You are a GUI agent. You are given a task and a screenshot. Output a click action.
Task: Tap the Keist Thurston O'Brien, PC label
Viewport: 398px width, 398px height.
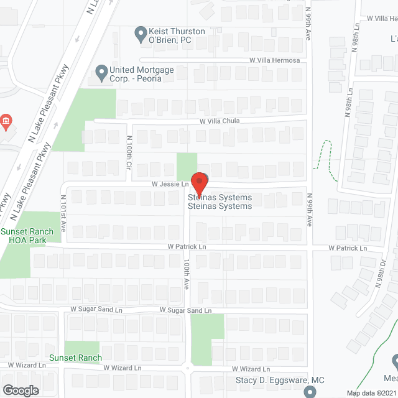coord(170,35)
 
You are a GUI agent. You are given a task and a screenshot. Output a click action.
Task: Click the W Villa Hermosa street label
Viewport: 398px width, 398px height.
coord(274,60)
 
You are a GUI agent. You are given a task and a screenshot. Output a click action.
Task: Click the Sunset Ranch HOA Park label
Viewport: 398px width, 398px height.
coord(27,236)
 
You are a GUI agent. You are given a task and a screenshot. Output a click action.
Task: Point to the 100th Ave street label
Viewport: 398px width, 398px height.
coord(186,274)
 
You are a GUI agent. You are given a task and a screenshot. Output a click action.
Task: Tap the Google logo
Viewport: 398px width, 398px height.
coord(20,390)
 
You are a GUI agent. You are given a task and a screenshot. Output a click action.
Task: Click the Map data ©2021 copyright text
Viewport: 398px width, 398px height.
coord(371,393)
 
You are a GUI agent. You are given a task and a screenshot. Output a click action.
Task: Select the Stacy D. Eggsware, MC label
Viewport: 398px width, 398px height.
coord(280,380)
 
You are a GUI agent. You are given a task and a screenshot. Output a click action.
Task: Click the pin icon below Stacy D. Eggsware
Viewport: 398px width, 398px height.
coord(311,392)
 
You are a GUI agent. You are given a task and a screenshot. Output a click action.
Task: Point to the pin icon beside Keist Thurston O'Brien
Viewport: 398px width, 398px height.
coord(139,31)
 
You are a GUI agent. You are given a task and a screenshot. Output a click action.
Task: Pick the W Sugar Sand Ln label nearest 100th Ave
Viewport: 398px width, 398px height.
coord(185,310)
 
